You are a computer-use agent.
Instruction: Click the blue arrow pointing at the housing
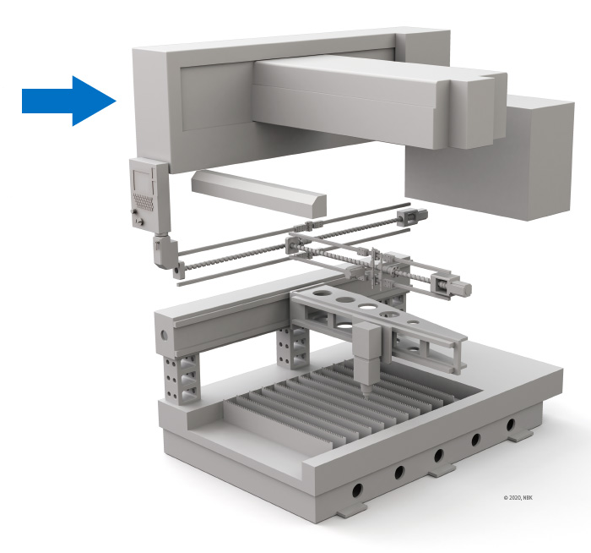pyautogui.click(x=69, y=101)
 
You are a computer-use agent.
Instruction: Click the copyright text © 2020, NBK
pyautogui.click(x=518, y=497)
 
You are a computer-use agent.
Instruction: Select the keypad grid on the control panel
pyautogui.click(x=144, y=201)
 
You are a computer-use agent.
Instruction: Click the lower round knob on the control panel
pyautogui.click(x=141, y=222)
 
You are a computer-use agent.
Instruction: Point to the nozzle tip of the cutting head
pyautogui.click(x=365, y=392)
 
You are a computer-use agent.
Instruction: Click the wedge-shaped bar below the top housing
pyautogui.click(x=259, y=194)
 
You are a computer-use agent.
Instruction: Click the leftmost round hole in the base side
pyautogui.click(x=357, y=490)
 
